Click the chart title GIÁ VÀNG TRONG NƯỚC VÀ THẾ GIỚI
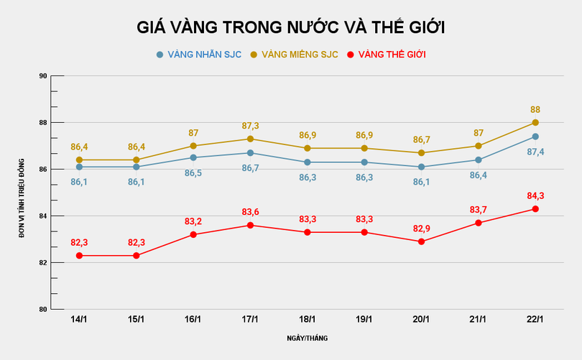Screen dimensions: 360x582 pos(291,27)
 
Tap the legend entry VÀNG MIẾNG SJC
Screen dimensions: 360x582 pos(294,55)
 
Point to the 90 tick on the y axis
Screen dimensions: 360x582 pos(42,76)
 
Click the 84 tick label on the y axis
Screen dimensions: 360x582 pos(42,216)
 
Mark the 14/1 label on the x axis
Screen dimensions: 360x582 pos(80,319)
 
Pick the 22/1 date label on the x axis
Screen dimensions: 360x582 pos(535,319)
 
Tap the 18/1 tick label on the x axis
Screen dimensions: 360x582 pos(307,319)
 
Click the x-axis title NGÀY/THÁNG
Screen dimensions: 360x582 pos(308,338)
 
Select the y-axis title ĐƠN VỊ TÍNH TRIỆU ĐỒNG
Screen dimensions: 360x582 pos(22,193)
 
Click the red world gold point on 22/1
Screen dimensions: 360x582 pos(535,209)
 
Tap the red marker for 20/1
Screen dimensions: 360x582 pos(421,241)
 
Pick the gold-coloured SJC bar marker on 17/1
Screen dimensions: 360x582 pos(250,139)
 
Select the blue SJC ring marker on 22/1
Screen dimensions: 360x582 pos(535,137)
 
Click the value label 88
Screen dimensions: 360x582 pos(535,110)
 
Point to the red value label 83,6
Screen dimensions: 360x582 pos(250,212)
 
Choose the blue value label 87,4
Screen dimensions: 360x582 pos(535,152)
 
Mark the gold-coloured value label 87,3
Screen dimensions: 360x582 pos(250,126)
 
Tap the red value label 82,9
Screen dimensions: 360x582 pos(421,228)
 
